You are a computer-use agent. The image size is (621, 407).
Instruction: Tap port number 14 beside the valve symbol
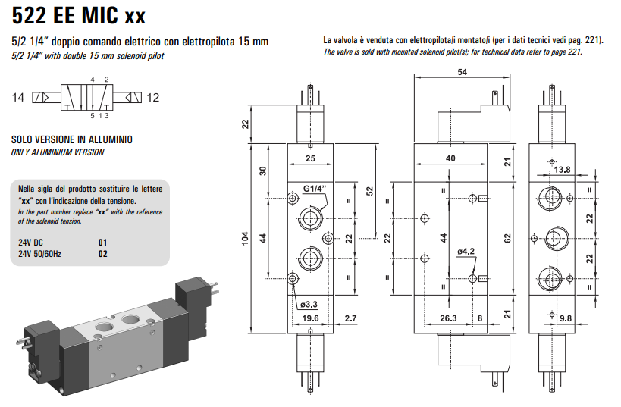tap(18, 98)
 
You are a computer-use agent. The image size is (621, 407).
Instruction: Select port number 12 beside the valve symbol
tap(154, 98)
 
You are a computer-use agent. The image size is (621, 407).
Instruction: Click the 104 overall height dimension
tap(244, 238)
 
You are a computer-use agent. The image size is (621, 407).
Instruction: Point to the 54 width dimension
tap(463, 72)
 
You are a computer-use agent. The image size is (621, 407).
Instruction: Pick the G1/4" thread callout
tap(315, 189)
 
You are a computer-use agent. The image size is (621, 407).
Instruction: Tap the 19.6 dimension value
tap(310, 319)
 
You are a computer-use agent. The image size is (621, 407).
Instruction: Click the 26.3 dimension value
tap(449, 319)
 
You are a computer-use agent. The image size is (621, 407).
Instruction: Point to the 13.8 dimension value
tap(562, 170)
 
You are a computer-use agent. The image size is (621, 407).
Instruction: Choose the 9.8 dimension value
tap(566, 319)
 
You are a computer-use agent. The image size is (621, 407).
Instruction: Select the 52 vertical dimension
tap(370, 189)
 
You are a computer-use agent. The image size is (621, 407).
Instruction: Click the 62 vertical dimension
tap(509, 238)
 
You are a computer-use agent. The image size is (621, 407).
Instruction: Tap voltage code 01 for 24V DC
tap(104, 243)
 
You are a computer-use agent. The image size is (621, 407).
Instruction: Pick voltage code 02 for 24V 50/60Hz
tap(104, 254)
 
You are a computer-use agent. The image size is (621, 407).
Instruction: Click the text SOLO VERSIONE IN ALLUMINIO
tap(72, 140)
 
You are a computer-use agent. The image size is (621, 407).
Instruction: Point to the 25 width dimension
tap(310, 158)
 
